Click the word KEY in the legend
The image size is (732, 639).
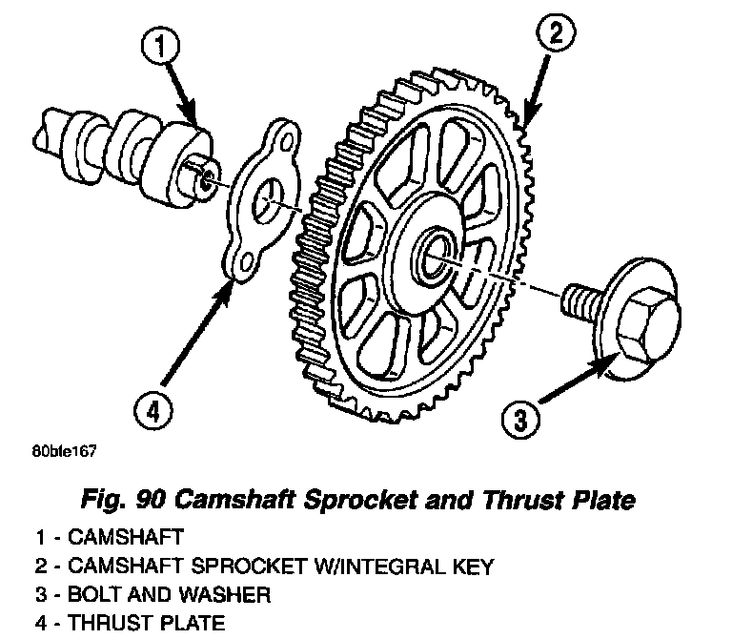pyautogui.click(x=472, y=567)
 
